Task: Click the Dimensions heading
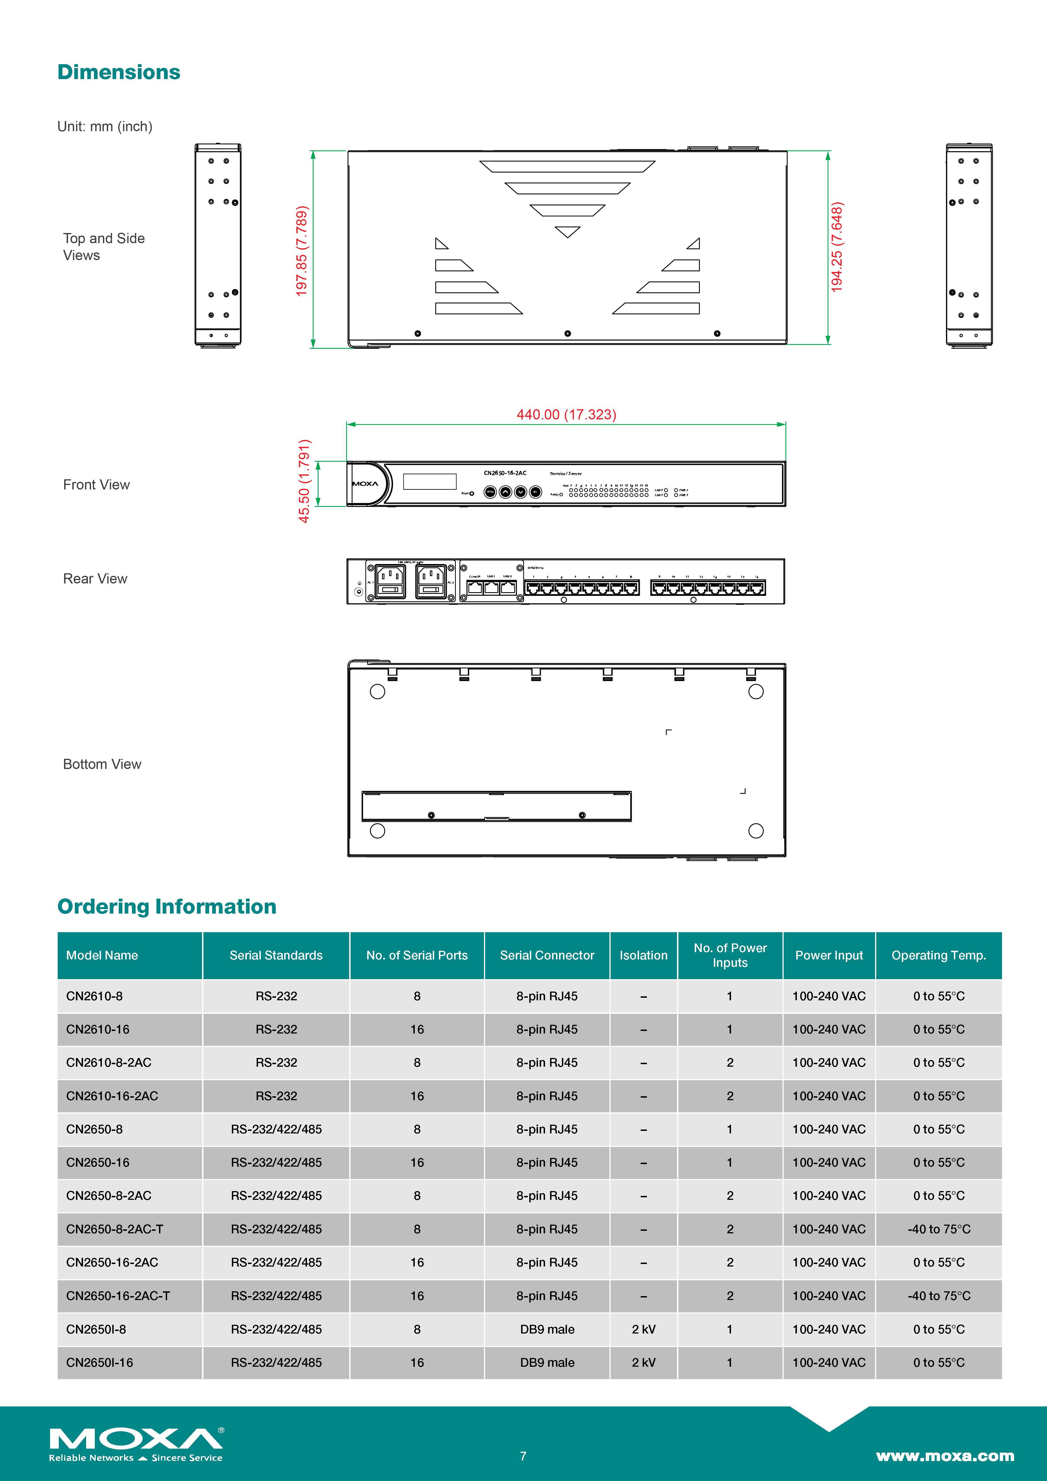pyautogui.click(x=119, y=72)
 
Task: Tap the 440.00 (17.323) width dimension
pyautogui.click(x=566, y=414)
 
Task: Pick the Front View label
pyautogui.click(x=96, y=484)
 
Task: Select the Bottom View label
pyautogui.click(x=102, y=764)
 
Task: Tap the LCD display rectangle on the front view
pyautogui.click(x=429, y=481)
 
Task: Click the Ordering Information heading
pyautogui.click(x=167, y=906)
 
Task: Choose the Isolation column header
pyautogui.click(x=644, y=955)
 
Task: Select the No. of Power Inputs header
pyautogui.click(x=730, y=955)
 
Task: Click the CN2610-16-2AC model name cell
pyautogui.click(x=112, y=1096)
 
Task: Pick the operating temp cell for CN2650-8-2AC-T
pyautogui.click(x=939, y=1229)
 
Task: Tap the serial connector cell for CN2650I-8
pyautogui.click(x=547, y=1329)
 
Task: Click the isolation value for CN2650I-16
pyautogui.click(x=644, y=1362)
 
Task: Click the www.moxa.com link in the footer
pyautogui.click(x=945, y=1456)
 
